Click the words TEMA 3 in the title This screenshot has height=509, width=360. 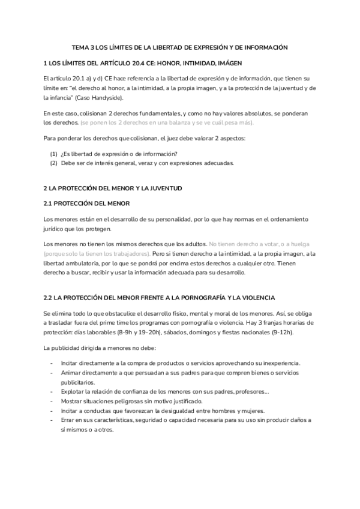point(83,47)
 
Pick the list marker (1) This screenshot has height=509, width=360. point(53,154)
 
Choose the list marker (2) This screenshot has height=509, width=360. point(53,163)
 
